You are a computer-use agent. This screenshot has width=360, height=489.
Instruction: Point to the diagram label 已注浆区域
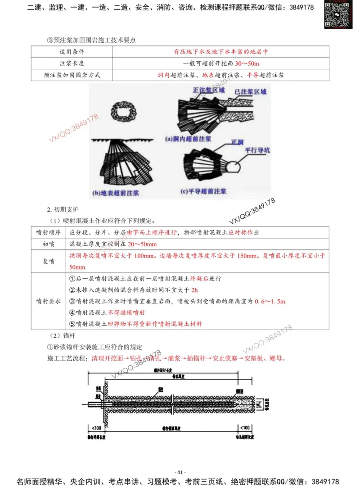tap(250, 91)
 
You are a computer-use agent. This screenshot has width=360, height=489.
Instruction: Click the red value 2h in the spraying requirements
tap(194, 290)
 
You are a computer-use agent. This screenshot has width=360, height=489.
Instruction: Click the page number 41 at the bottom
tap(180, 472)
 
